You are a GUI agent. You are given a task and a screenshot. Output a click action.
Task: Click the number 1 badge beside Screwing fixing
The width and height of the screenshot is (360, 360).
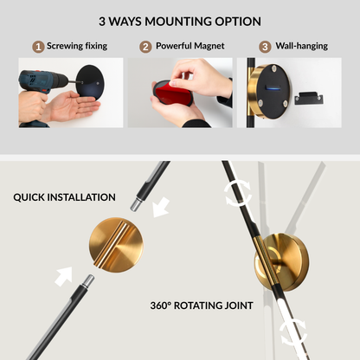(38, 47)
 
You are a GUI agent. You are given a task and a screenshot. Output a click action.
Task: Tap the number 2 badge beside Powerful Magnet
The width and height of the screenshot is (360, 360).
(145, 47)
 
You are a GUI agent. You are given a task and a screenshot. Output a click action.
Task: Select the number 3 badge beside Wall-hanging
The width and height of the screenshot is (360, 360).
(265, 47)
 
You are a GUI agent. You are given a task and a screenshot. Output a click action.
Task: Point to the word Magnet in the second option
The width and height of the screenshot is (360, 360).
(209, 46)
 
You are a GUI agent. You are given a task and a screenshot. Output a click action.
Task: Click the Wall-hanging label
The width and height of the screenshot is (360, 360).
(302, 46)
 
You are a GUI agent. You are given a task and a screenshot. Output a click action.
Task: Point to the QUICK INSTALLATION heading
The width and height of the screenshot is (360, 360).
(64, 197)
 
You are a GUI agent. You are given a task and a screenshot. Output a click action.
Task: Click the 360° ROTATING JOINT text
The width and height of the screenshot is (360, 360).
(202, 305)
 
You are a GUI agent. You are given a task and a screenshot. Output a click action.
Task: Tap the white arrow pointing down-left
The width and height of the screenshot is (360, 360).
(161, 207)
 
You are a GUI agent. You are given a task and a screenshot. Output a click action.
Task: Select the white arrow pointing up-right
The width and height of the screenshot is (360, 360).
(64, 276)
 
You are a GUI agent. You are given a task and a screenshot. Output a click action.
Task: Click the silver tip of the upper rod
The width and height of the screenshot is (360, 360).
(136, 204)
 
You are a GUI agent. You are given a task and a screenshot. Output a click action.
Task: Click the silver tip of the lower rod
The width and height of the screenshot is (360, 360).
(87, 281)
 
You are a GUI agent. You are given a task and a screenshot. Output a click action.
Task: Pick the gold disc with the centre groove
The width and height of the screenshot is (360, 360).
(116, 245)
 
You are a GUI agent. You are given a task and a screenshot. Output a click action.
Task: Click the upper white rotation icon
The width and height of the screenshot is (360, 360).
(237, 193)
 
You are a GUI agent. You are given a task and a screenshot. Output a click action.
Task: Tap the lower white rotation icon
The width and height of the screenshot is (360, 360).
(293, 331)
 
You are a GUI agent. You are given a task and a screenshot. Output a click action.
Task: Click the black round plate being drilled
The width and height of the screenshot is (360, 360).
(91, 82)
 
